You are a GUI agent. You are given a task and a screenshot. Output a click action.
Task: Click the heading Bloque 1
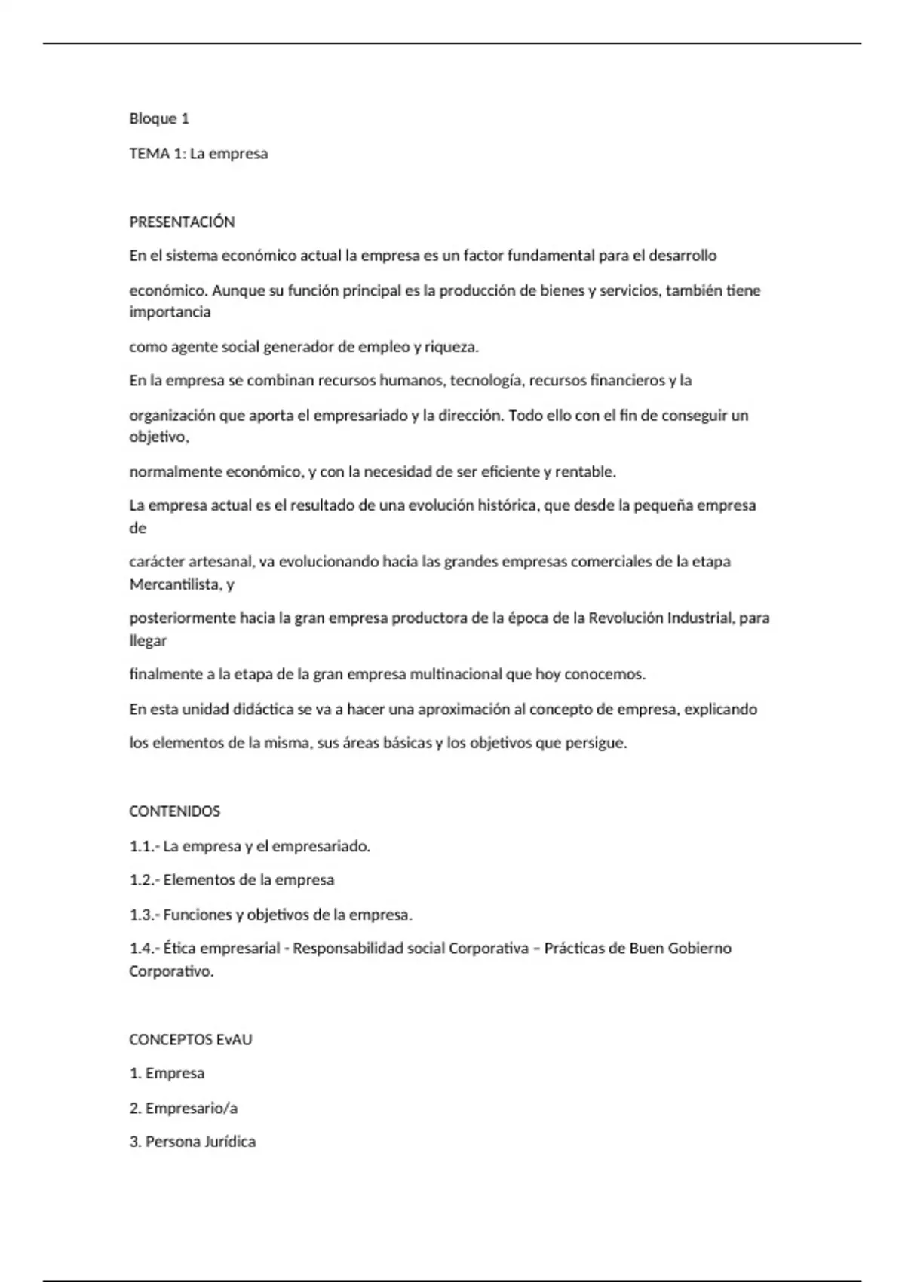click(159, 118)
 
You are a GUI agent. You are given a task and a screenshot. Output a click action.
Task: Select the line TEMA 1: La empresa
click(198, 154)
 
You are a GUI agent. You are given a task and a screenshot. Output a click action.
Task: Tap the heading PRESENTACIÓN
click(182, 222)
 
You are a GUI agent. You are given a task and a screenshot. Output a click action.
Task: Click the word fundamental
click(551, 256)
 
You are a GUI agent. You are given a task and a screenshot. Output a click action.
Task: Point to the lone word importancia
click(170, 312)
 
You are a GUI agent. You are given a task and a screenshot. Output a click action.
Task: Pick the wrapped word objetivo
click(158, 437)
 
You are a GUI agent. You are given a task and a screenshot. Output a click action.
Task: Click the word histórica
click(508, 505)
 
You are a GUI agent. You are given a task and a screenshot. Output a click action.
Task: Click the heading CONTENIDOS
click(175, 811)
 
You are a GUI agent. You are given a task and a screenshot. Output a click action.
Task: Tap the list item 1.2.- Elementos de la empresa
click(232, 880)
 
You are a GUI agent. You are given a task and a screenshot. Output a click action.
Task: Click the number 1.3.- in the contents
click(144, 915)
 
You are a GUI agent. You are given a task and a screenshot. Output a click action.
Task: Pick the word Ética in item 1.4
click(179, 949)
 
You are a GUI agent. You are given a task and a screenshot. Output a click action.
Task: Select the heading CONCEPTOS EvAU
click(191, 1039)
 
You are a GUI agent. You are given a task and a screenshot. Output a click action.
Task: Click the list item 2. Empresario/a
click(183, 1108)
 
